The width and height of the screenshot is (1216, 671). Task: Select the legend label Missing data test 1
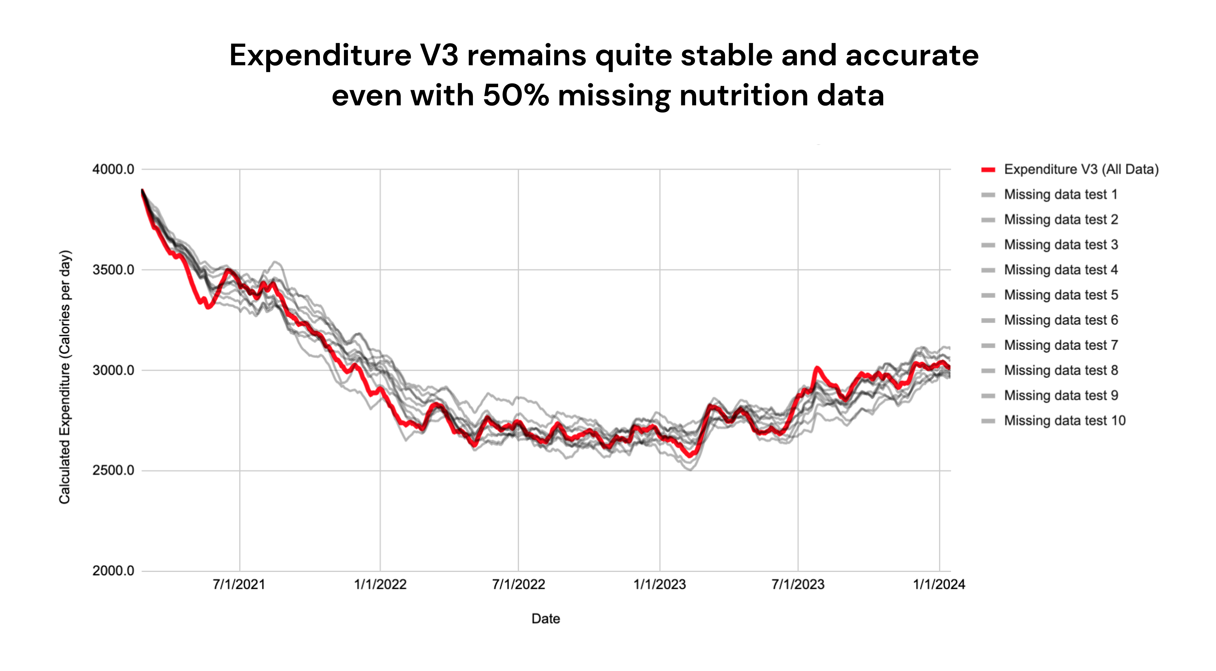coord(1060,195)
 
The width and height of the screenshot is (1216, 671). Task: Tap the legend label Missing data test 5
coord(1060,295)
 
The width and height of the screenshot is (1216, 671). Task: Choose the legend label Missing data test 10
coord(1064,421)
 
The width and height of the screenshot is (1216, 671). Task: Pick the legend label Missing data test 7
coord(1060,345)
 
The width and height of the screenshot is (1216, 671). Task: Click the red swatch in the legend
coord(988,169)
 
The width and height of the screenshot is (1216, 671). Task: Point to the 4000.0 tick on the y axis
coord(113,169)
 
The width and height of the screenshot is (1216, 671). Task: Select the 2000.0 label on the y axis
coord(113,571)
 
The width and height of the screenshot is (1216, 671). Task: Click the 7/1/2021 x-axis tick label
coord(239,585)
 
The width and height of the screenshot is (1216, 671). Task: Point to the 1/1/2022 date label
coord(380,585)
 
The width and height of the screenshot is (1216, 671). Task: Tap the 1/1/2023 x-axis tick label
coord(660,585)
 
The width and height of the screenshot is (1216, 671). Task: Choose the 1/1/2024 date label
coord(939,585)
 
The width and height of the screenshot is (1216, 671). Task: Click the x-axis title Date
coord(546,619)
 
